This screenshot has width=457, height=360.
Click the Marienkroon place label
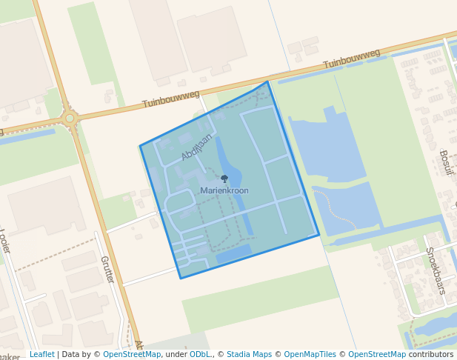click(x=224, y=190)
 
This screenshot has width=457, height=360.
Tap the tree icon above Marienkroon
click(x=224, y=179)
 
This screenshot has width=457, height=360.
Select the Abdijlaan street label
click(x=196, y=147)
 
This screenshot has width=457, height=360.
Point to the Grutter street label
click(x=107, y=269)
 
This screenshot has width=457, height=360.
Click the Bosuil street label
click(x=445, y=162)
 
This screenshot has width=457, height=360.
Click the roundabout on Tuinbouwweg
click(x=70, y=118)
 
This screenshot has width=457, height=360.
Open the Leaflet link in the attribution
click(x=41, y=354)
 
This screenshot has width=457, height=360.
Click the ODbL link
click(x=200, y=354)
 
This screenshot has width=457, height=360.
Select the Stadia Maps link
click(x=249, y=354)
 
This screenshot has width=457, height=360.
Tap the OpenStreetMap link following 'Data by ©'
click(x=132, y=354)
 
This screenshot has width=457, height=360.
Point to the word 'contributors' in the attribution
click(x=431, y=354)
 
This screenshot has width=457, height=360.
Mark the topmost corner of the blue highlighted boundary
click(x=267, y=81)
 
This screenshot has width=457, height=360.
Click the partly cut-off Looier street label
click(x=5, y=241)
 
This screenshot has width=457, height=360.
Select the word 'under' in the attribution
click(x=176, y=354)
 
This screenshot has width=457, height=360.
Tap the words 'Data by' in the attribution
click(x=77, y=354)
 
